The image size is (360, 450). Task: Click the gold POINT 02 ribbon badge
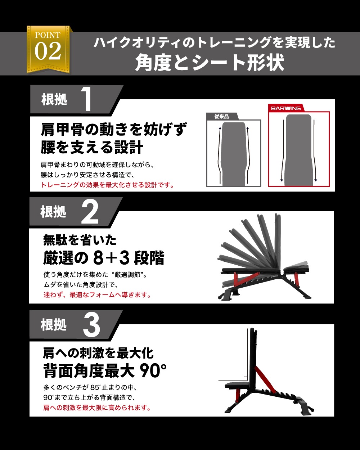(49, 49)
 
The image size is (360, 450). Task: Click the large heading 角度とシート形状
(210, 62)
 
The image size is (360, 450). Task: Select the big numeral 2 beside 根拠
(90, 211)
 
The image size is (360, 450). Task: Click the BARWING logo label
(286, 108)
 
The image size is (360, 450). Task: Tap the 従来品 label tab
(221, 117)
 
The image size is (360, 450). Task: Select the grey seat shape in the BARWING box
(298, 150)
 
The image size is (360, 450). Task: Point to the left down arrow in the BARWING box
(283, 150)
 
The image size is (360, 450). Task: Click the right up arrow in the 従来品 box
(248, 155)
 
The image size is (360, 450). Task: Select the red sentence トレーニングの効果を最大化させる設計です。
(107, 185)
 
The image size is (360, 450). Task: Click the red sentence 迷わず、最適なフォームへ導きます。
(97, 294)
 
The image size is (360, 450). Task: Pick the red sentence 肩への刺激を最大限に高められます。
(97, 408)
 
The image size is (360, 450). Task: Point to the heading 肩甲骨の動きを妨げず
(114, 129)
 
